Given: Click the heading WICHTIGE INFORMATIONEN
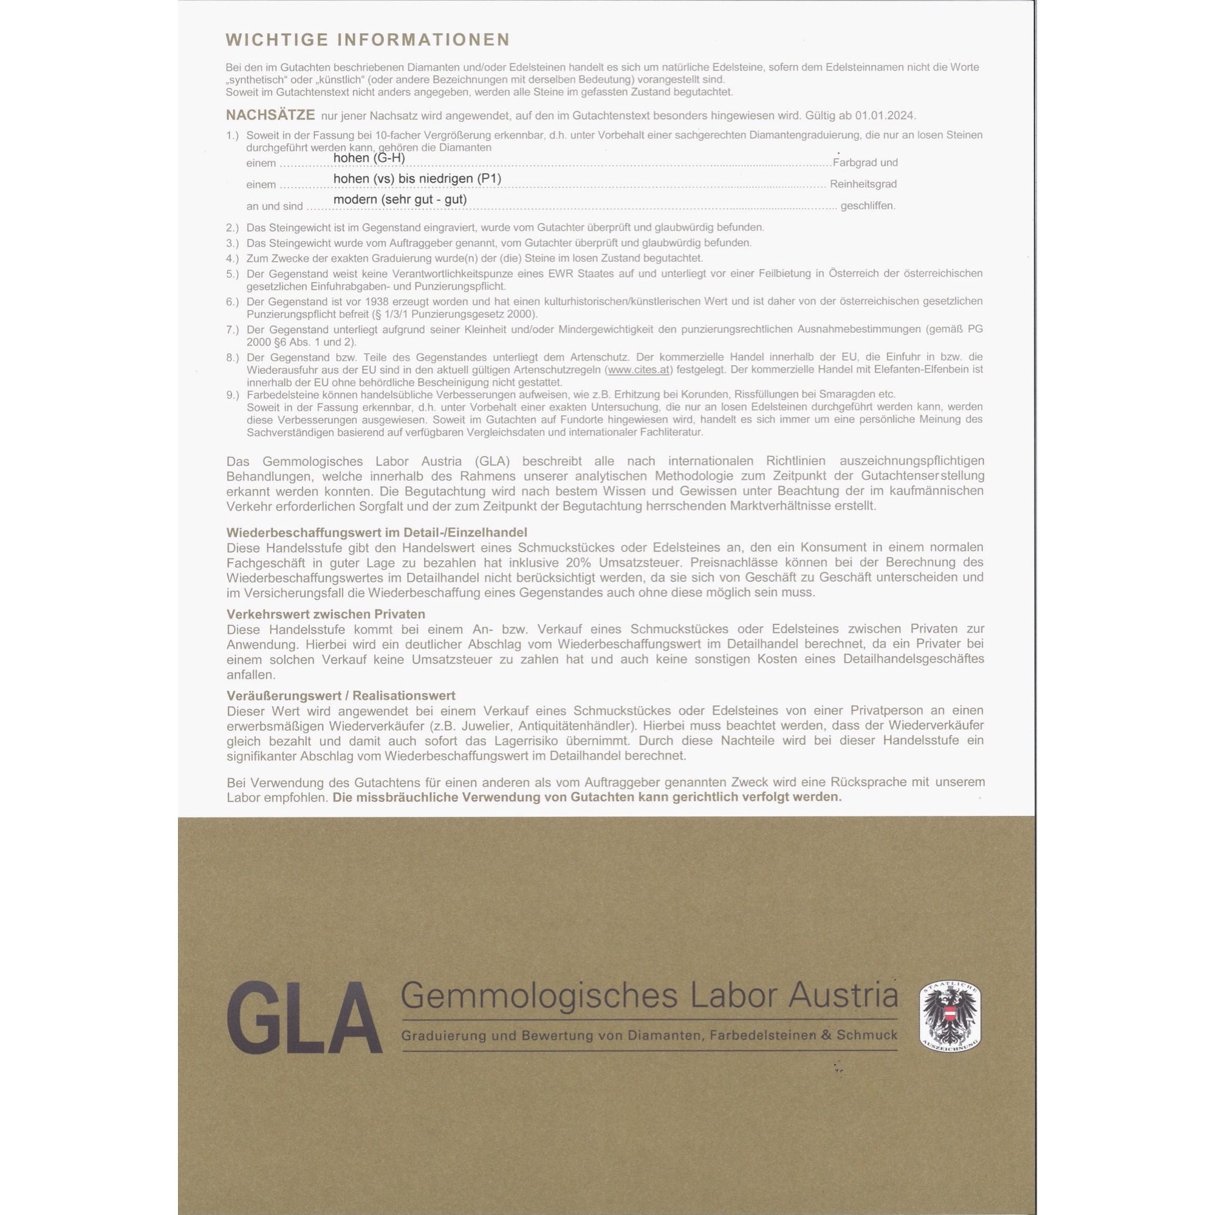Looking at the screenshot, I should [x=368, y=39].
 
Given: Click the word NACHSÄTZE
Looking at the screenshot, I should [x=270, y=115].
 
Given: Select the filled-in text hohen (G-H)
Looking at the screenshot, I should [x=369, y=158].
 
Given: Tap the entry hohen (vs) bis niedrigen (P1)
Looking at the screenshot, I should [x=417, y=179].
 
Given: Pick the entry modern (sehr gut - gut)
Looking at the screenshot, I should [x=400, y=199].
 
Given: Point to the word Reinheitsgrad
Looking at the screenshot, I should [x=863, y=184].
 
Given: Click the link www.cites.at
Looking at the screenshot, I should [x=638, y=370].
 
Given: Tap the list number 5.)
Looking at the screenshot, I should [x=233, y=274].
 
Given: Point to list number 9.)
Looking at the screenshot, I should [x=233, y=395].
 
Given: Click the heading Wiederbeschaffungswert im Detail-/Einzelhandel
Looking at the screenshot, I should [x=377, y=533].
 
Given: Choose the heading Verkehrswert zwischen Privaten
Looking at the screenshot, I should [x=326, y=614].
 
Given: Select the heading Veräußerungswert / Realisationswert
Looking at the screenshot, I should [x=341, y=696].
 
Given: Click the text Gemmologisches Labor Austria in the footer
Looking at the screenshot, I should [x=648, y=996].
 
